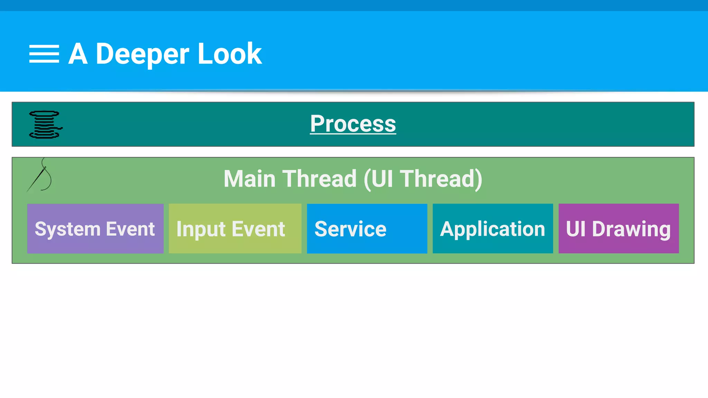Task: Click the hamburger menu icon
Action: (x=44, y=54)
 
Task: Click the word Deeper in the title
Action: (x=142, y=54)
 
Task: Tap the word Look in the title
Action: (x=230, y=54)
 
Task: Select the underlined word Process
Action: (x=353, y=124)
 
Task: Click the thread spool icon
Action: (x=45, y=124)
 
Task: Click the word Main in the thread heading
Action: (x=249, y=179)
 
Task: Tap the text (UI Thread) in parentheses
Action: (x=423, y=179)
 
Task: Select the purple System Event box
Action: (x=95, y=228)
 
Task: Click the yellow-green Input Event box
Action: (x=235, y=228)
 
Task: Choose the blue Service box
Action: (x=367, y=228)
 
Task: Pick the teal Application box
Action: (x=493, y=228)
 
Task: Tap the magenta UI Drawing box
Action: (x=618, y=228)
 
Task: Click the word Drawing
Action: (x=631, y=229)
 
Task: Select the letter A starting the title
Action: (x=78, y=54)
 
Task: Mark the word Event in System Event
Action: (x=130, y=229)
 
